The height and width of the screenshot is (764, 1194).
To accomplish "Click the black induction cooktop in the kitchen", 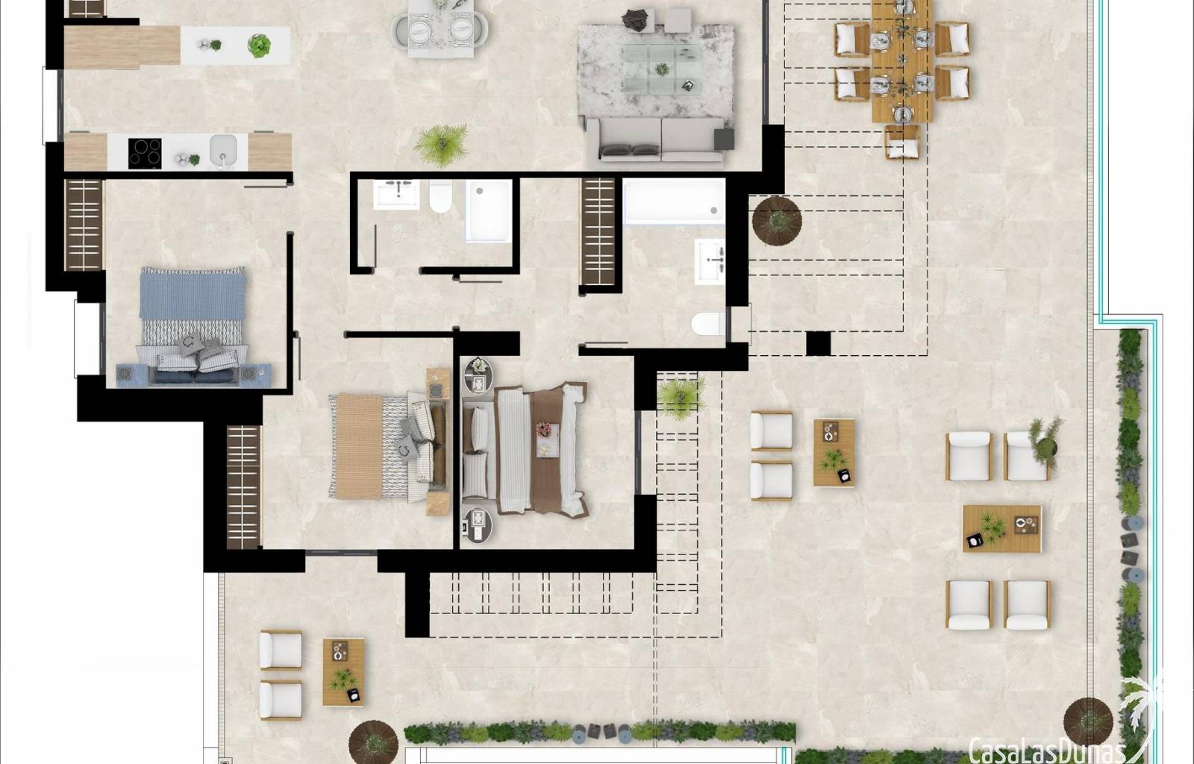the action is click(x=145, y=154).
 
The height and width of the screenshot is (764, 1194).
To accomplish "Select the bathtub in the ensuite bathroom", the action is click(x=674, y=202).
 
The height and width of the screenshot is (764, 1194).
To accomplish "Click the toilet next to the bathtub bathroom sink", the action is click(x=708, y=324).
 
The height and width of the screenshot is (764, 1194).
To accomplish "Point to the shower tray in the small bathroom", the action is click(x=488, y=210).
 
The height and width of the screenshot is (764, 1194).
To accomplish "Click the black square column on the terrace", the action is click(x=818, y=344).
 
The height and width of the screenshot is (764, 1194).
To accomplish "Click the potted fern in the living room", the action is click(x=441, y=144).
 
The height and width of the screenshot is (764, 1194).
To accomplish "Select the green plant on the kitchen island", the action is click(x=259, y=45).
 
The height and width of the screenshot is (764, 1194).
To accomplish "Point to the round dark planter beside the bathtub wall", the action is click(x=777, y=221).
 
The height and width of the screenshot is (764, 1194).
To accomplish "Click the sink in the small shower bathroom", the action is click(x=396, y=195).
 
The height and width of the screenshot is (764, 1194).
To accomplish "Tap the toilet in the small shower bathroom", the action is click(x=441, y=196).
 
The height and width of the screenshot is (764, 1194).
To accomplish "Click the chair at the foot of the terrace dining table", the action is click(x=902, y=142).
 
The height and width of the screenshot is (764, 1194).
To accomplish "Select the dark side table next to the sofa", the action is click(x=724, y=139).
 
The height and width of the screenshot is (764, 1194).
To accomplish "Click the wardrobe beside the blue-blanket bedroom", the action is click(x=84, y=225).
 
